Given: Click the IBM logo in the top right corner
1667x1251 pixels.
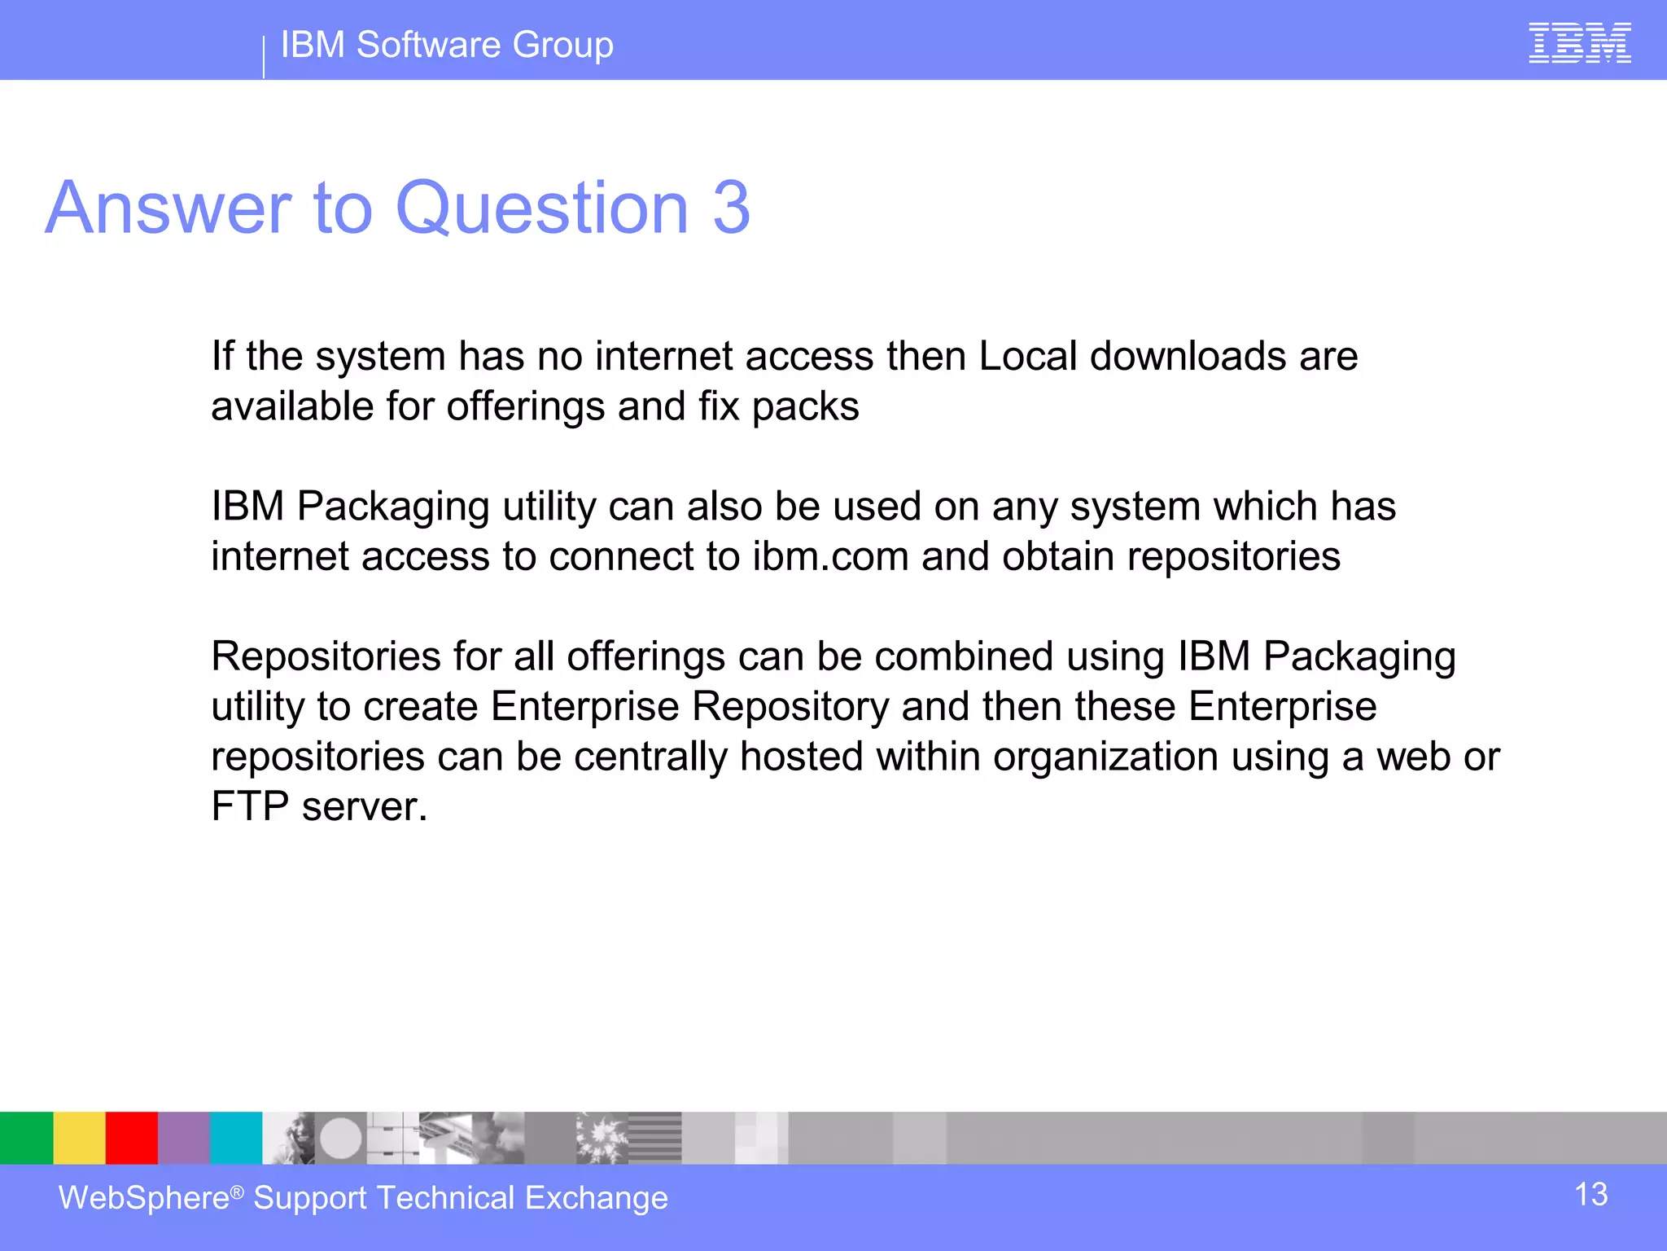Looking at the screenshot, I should [x=1579, y=43].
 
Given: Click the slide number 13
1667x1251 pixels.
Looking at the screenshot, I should [x=1590, y=1195].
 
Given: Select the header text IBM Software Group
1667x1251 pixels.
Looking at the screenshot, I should [x=447, y=45].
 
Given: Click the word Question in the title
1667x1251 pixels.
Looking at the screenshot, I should [x=542, y=209].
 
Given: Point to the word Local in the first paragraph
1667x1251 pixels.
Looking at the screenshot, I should [x=1027, y=357].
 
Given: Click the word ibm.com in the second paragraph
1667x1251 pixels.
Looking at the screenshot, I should [x=830, y=557].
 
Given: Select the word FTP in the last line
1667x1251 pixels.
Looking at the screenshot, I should [x=250, y=807].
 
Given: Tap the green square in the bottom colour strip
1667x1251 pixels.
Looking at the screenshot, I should [x=26, y=1138].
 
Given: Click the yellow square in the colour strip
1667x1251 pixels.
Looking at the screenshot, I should [x=79, y=1138].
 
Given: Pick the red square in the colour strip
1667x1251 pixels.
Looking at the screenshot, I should [x=131, y=1138].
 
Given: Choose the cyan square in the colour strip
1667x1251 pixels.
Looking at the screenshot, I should [x=236, y=1138].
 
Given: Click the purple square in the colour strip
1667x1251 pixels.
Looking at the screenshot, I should [x=184, y=1138].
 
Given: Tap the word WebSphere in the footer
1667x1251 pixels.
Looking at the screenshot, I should [x=144, y=1198].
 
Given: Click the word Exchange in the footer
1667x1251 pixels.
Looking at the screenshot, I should [x=596, y=1198].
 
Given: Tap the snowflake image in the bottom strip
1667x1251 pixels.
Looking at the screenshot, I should [x=602, y=1138].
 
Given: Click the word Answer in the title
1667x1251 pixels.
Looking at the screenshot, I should [x=168, y=209].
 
